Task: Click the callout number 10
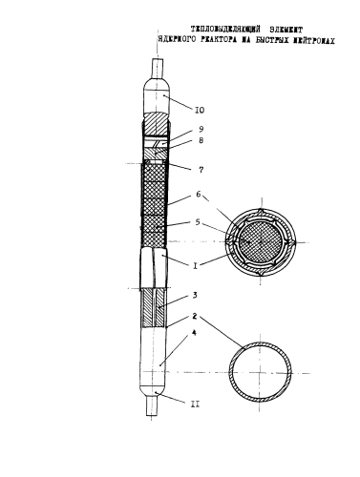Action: (199, 110)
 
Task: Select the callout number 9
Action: (201, 129)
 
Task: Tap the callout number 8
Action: (201, 140)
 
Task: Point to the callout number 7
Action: (201, 170)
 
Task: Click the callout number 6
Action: (199, 194)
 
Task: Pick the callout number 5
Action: (198, 221)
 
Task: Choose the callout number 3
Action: (195, 295)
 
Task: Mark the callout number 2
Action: (195, 316)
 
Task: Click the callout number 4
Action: (195, 333)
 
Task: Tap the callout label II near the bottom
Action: (195, 404)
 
